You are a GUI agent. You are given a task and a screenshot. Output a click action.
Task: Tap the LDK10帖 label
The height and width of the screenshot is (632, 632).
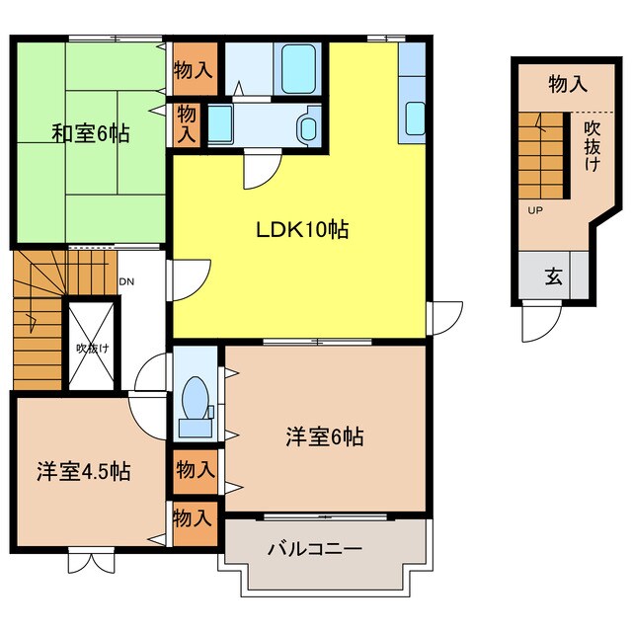point(301,230)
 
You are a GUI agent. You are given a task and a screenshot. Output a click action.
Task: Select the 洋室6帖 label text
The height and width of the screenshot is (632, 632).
point(325,435)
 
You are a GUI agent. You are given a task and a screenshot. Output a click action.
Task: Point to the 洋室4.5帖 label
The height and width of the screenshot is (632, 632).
point(85,471)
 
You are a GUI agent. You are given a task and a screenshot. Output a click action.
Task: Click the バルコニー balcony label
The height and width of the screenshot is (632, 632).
point(315,549)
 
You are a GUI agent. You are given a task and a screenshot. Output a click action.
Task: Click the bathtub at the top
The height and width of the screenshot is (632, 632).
point(298,67)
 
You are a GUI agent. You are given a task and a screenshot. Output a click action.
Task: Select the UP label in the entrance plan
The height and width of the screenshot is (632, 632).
point(534,210)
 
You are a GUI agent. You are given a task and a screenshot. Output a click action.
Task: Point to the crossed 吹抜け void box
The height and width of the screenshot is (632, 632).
point(92,348)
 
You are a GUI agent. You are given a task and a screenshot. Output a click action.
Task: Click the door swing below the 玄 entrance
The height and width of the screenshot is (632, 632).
point(542,321)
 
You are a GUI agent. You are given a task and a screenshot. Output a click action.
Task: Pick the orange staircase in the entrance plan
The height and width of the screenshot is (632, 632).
point(542,153)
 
